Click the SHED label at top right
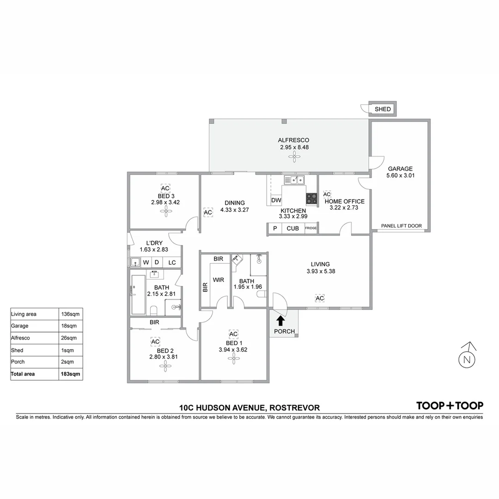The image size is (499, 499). point(383,110)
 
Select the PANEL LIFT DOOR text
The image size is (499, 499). point(401,226)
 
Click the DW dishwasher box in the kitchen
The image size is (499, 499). point(276,200)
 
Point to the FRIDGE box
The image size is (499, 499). point(311,228)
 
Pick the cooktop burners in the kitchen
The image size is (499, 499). point(311,198)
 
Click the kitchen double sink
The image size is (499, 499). point(293,180)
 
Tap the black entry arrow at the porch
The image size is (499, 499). point(280,320)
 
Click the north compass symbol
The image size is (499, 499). point(467,358)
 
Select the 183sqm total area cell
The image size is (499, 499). point(71,374)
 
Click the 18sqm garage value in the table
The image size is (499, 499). point(71,326)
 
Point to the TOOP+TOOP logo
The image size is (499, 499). point(450,406)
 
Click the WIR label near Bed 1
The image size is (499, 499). point(218,280)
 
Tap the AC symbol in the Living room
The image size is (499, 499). point(320,298)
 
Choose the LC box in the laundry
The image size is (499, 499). point(172,262)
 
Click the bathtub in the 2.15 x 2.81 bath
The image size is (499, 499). point(138,294)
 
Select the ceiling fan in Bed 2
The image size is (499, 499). point(165,366)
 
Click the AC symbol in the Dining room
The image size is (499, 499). point(208,212)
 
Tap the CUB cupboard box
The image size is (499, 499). point(292,228)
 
